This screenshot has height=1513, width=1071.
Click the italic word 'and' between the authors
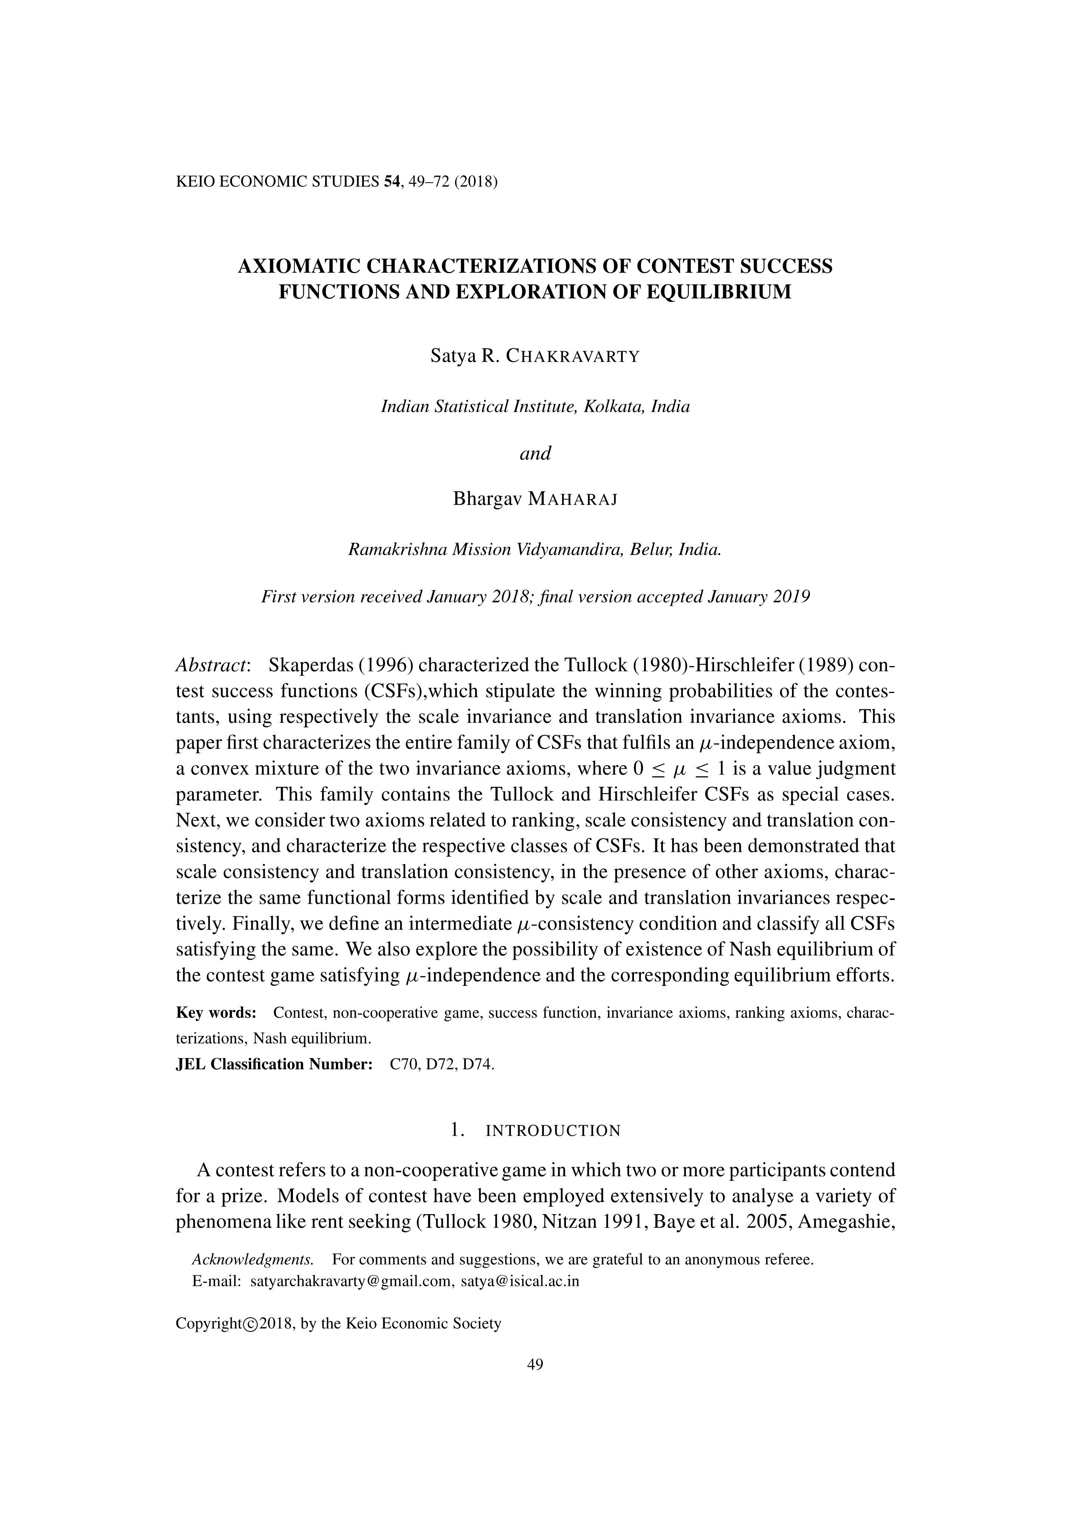point(535,454)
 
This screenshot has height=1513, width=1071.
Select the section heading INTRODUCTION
point(552,1131)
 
